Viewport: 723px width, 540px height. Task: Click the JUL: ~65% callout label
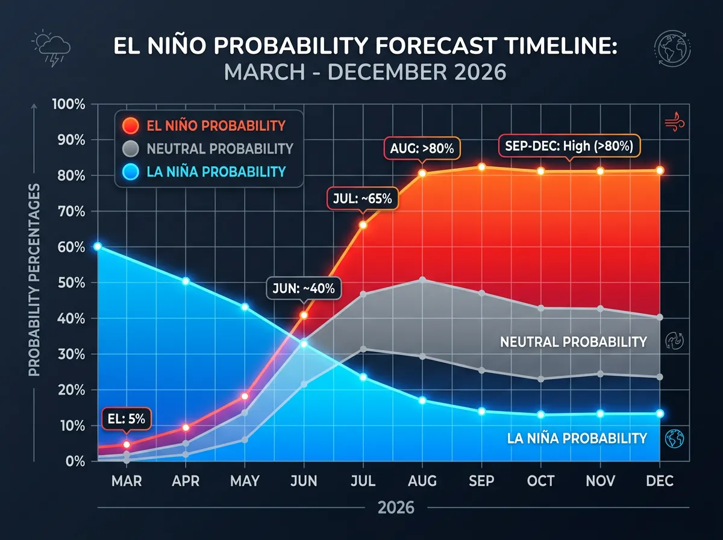click(x=362, y=198)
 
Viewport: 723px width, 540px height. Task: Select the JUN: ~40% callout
click(x=304, y=289)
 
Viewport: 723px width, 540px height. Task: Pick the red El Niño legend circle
click(x=131, y=126)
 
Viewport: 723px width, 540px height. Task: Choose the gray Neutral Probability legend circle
click(x=131, y=149)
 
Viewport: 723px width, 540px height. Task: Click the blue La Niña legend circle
click(x=131, y=172)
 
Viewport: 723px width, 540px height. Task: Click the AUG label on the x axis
click(x=422, y=480)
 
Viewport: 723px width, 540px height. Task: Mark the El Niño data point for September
click(x=481, y=167)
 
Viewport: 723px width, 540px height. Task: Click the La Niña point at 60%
click(x=97, y=246)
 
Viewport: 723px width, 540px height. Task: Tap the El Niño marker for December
click(x=660, y=171)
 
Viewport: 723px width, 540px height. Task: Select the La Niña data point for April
click(x=186, y=281)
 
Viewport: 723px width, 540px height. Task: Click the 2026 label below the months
click(x=396, y=508)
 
